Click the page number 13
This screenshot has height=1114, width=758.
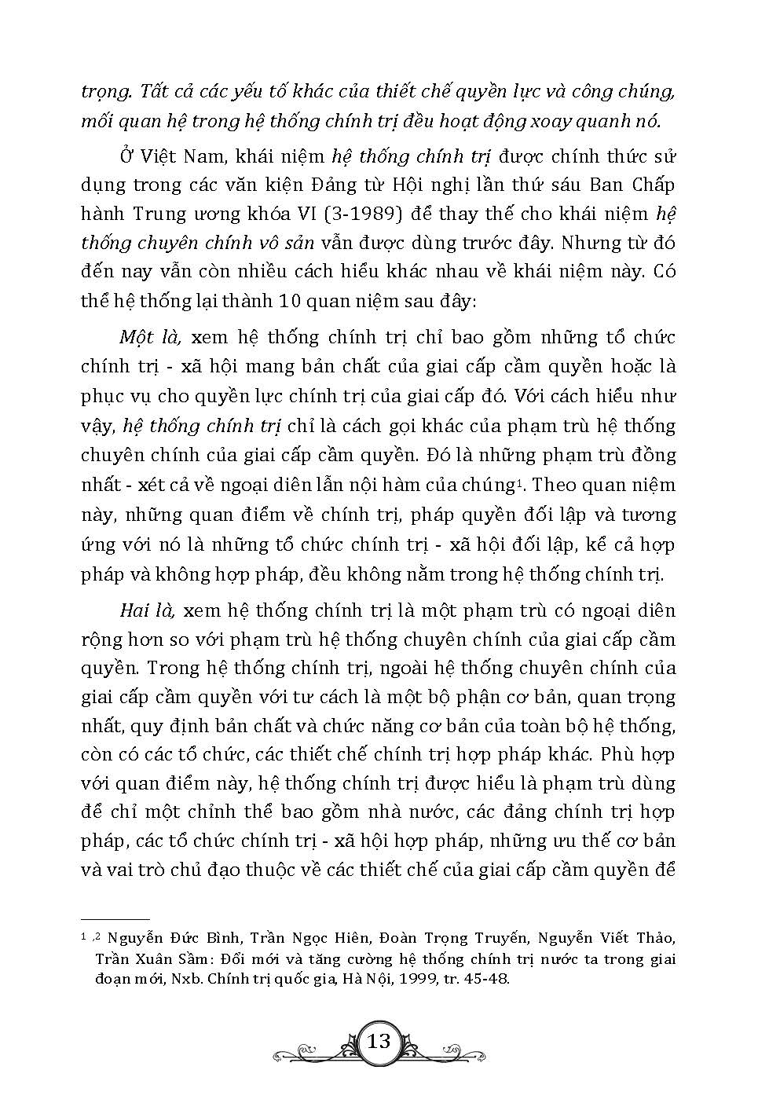click(379, 1042)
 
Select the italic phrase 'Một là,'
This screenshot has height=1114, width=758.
click(151, 338)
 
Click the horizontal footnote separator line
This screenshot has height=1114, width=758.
click(115, 918)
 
